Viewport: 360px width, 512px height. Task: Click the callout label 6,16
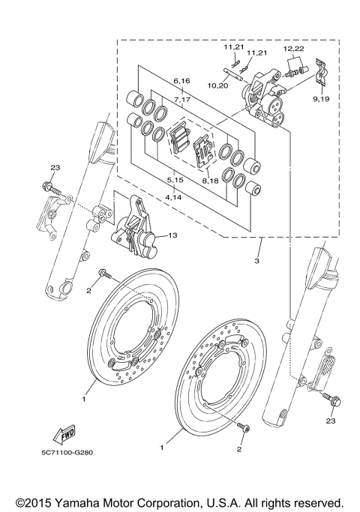[181, 79]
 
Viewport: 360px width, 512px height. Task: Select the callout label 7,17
[181, 99]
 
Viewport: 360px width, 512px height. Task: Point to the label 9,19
[320, 98]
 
